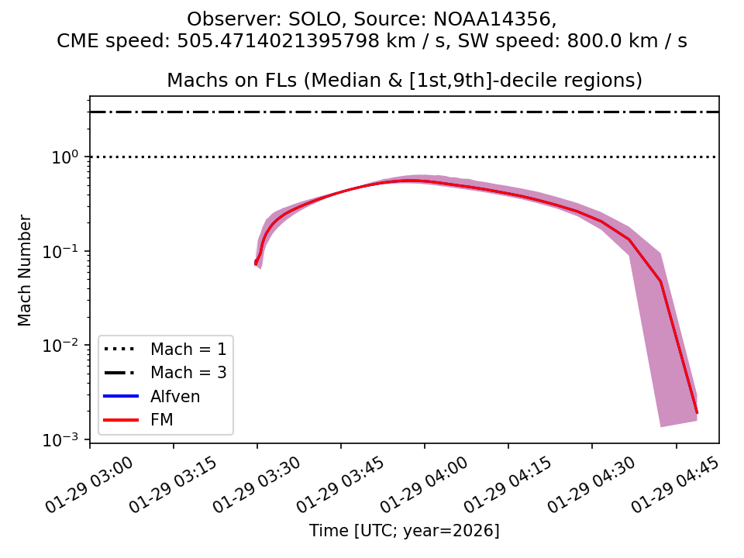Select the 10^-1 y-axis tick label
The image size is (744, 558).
click(x=66, y=251)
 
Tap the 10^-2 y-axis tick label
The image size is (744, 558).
click(x=66, y=345)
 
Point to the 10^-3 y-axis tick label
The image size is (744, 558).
click(x=66, y=439)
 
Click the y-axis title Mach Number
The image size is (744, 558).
click(x=25, y=270)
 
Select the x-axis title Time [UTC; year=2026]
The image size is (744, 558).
click(x=405, y=531)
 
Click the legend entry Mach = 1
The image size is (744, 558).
click(x=188, y=349)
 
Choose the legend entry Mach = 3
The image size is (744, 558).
click(x=188, y=373)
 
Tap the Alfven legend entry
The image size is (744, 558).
click(x=175, y=397)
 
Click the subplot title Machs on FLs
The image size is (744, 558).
click(x=405, y=81)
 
